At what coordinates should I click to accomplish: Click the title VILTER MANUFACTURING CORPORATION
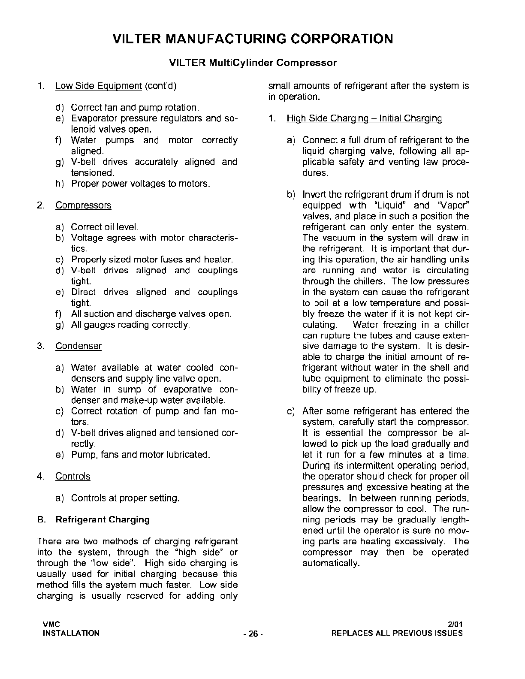253,39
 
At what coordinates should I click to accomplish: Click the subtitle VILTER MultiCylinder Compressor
253,63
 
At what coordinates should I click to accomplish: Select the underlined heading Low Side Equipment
98,86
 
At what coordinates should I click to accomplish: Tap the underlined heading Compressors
83,205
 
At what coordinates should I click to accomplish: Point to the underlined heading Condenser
78,346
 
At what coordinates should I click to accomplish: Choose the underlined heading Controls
73,477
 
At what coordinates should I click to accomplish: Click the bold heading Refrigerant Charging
103,520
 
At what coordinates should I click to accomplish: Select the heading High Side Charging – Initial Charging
364,118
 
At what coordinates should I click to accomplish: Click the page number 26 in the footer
253,634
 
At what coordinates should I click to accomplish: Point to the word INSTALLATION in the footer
71,633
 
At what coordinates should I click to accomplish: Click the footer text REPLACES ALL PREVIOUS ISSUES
397,633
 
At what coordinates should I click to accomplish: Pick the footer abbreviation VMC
51,624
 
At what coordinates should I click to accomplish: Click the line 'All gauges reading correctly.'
130,325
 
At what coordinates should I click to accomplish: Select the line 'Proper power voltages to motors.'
141,184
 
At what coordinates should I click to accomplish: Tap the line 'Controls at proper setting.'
125,498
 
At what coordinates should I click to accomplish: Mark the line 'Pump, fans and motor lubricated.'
141,455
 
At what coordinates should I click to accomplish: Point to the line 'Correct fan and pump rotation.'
135,108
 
